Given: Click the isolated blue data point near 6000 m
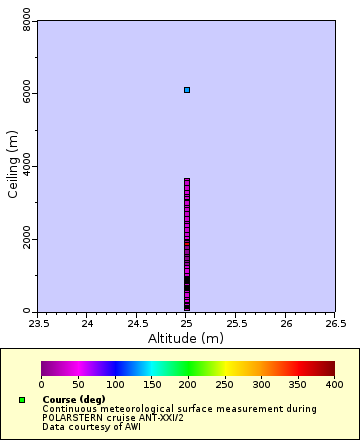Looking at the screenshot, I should (x=187, y=90).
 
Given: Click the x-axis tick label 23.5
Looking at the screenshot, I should (x=38, y=323).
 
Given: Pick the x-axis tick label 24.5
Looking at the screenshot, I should (x=137, y=323).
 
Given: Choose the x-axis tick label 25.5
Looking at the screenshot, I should (x=236, y=323).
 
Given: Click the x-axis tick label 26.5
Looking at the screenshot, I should (x=335, y=323).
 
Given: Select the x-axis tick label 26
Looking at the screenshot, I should (x=286, y=323).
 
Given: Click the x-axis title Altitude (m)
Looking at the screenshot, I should (x=187, y=338).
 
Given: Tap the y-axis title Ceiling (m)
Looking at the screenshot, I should (x=13, y=166).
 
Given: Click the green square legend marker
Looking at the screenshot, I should (x=21, y=400).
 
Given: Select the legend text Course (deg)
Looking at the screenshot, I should (x=74, y=400).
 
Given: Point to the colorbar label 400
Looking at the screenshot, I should (x=334, y=384).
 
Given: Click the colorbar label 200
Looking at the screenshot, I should (x=188, y=384).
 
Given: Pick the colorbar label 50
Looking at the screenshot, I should (x=78, y=384).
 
